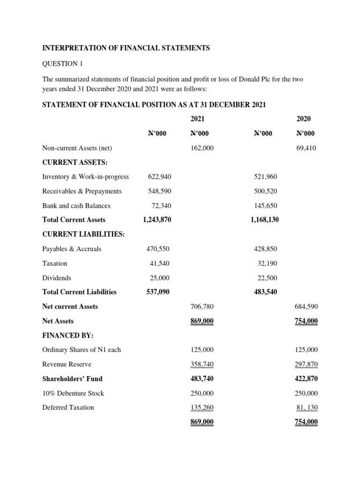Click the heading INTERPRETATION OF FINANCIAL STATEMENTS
[x=126, y=48]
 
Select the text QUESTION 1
[x=62, y=64]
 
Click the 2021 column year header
[x=198, y=119]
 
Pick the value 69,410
[x=307, y=148]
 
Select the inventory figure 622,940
[x=159, y=177]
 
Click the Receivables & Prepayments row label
[x=82, y=191]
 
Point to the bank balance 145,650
[x=265, y=205]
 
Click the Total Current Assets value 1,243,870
[x=156, y=219]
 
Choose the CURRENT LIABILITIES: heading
[x=83, y=234]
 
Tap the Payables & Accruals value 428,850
[x=265, y=249]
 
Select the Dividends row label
[x=57, y=277]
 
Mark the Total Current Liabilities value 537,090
[x=158, y=292]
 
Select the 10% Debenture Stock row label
[x=73, y=393]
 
